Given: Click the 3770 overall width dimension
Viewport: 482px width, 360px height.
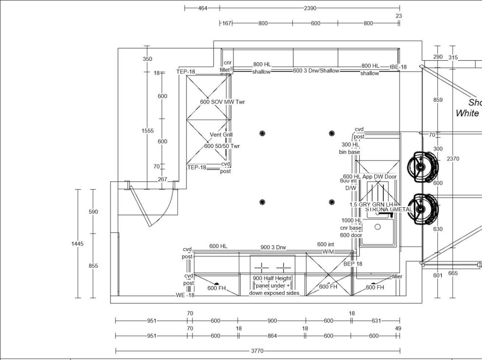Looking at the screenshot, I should click(258, 351).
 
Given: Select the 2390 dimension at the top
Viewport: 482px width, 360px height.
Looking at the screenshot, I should click(310, 8).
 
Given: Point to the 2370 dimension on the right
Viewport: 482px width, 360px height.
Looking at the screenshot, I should click(453, 159).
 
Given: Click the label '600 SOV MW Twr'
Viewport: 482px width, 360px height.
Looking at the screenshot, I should click(222, 102).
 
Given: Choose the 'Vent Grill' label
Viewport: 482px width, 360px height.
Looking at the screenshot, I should click(222, 135).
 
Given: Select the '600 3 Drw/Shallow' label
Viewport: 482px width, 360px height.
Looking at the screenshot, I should click(316, 71).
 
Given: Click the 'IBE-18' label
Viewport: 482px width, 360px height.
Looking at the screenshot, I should click(398, 67).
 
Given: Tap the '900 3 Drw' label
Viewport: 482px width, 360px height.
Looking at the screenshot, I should click(273, 247).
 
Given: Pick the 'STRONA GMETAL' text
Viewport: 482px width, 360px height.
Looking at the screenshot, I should click(389, 210).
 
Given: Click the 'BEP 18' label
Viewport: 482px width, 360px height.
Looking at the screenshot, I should click(353, 264).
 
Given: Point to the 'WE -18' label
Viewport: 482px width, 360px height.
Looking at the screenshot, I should click(185, 295).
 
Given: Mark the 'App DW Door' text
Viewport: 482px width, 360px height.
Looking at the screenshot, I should click(379, 177).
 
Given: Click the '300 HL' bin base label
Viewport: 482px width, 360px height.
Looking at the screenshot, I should click(350, 144).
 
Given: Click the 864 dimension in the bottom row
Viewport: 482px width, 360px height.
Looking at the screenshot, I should click(271, 336).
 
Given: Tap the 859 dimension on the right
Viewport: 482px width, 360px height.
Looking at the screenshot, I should click(438, 100).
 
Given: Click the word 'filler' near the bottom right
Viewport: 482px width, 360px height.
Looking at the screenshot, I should click(397, 277).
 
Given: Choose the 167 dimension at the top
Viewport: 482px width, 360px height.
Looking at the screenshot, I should click(226, 23).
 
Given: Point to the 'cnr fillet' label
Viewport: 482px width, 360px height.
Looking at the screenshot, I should click(226, 66).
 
